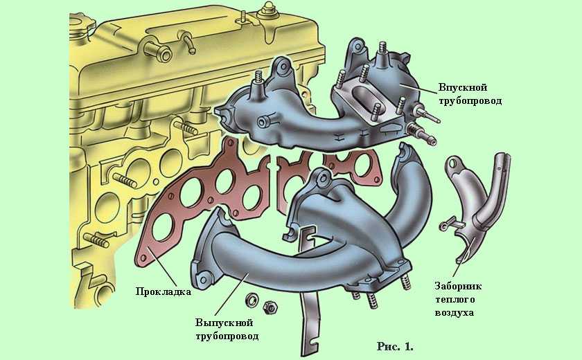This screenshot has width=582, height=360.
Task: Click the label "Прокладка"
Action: point(164,291)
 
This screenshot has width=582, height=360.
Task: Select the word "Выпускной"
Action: point(224,323)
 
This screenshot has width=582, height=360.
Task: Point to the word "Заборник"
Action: point(458,286)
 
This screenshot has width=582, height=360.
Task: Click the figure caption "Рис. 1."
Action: point(396,347)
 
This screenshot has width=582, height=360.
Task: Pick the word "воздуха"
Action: point(455,312)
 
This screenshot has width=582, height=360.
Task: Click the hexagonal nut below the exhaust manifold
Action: point(271,307)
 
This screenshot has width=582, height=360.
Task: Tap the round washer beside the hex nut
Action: point(252,299)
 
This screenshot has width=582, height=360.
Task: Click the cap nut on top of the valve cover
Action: point(267,10)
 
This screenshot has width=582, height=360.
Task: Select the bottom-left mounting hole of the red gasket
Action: point(143,257)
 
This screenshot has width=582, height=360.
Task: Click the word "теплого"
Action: point(455,299)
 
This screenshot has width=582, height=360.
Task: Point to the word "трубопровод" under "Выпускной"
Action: point(227,336)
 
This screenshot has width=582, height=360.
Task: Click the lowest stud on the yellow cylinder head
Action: point(96,240)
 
